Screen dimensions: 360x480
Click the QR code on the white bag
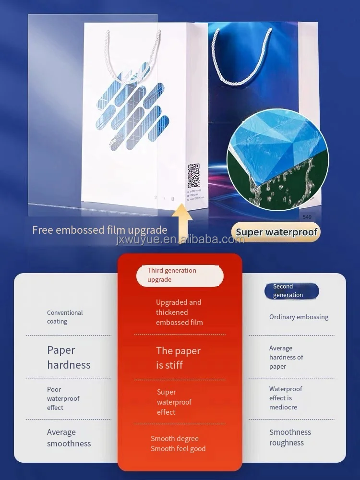tap(193, 176)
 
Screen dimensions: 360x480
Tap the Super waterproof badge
tap(277, 232)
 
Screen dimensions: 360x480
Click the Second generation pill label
tap(291, 291)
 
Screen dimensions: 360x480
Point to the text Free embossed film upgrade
tap(100, 230)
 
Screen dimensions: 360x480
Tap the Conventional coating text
tap(65, 317)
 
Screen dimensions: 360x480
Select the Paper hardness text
tap(69, 358)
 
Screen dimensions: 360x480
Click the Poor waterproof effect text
tap(63, 398)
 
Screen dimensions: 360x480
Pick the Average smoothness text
tap(69, 438)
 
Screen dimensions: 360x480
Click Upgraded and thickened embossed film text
tap(179, 312)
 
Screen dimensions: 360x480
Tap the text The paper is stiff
tap(178, 358)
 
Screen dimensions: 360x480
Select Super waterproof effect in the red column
tap(174, 402)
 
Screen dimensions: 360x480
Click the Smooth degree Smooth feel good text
tap(178, 444)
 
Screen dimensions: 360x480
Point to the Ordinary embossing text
tap(299, 317)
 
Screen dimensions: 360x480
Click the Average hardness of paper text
tap(286, 358)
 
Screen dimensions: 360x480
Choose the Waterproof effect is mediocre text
tap(286, 398)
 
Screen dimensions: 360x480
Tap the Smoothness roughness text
tap(290, 437)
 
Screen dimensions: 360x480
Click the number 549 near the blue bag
tap(307, 217)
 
